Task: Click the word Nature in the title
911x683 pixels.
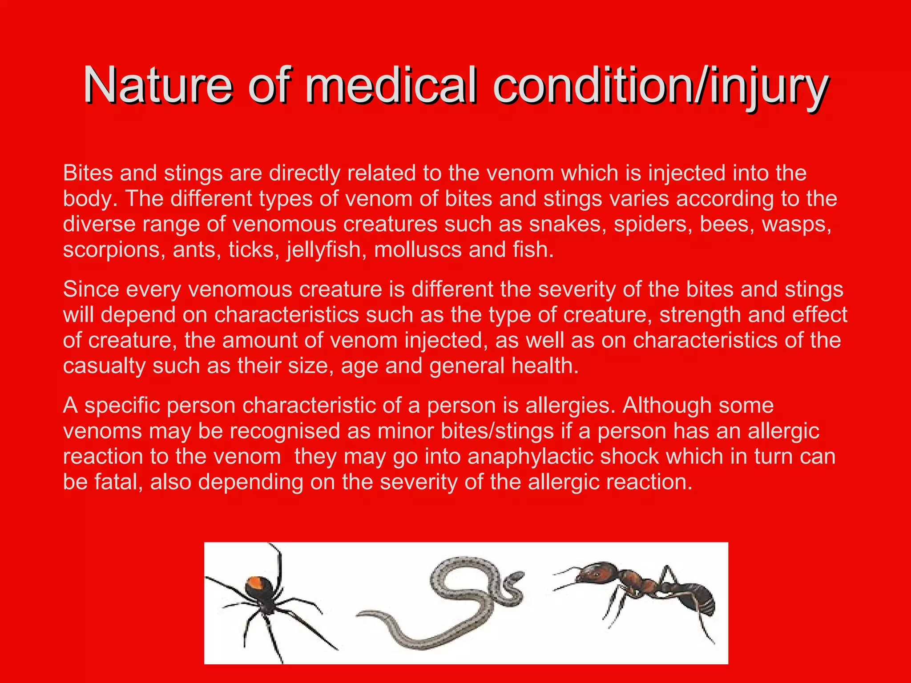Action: tap(157, 84)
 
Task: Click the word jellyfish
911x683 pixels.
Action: tap(324, 250)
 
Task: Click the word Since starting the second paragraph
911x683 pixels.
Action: tap(91, 289)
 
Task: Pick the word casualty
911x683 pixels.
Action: tap(104, 366)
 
